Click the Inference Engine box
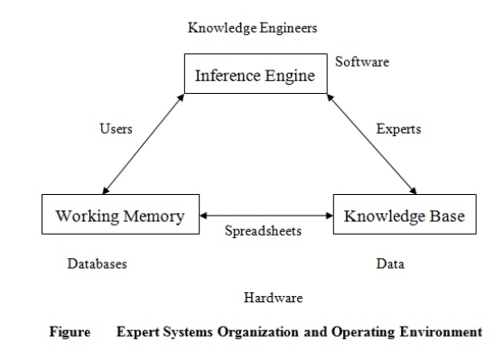tap(254, 75)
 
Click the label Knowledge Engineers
tap(253, 28)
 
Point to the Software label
tap(362, 62)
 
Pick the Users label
tap(116, 129)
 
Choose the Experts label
tap(398, 129)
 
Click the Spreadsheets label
tap(263, 231)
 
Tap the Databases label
tap(97, 264)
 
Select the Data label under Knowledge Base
tap(390, 264)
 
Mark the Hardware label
tap(273, 297)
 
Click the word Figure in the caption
tap(70, 332)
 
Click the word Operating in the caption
tap(356, 332)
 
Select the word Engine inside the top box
tap(289, 76)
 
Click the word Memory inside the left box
tap(153, 217)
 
